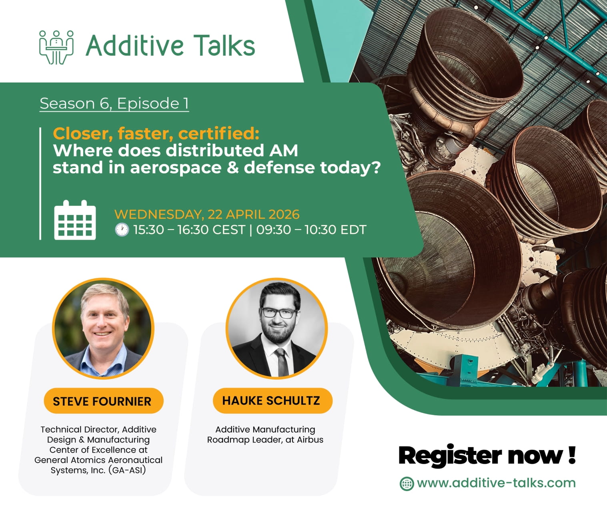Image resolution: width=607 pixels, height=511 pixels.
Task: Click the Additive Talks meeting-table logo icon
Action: coord(56,47)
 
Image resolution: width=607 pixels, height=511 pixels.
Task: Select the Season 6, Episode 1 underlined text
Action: coord(114,103)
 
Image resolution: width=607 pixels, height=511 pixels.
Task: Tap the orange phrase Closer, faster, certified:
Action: coord(156,133)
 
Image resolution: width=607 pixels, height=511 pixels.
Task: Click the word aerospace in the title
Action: coord(176,167)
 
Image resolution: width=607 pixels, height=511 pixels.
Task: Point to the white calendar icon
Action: coord(75,220)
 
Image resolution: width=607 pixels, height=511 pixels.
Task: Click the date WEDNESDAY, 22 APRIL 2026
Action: coord(206,214)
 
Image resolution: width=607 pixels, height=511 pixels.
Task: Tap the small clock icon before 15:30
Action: coord(122,230)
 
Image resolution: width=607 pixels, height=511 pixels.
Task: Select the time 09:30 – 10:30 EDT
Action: coord(311,230)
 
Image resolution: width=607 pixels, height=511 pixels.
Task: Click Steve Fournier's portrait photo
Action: coord(103,328)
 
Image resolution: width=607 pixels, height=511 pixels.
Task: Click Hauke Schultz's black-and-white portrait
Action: coord(276,328)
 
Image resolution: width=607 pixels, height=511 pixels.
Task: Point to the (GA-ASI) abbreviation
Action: coord(127,470)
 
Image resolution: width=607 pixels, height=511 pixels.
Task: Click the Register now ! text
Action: coord(487,455)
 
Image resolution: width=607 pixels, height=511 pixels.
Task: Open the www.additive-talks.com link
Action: coord(496,483)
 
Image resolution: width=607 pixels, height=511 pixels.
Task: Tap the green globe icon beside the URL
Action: coord(407,483)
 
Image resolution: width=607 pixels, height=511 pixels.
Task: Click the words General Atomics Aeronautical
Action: coord(98,460)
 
